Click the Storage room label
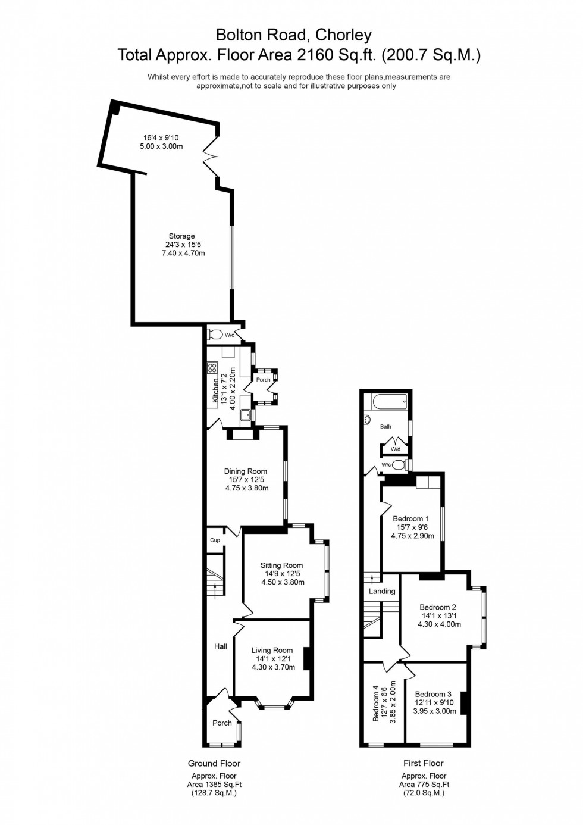coord(181,236)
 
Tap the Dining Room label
coord(245,471)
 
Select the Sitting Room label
coord(281,565)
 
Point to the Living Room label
coord(272,651)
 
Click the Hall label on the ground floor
coord(221,646)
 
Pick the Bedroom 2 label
coord(438,607)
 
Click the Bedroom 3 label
coord(433,694)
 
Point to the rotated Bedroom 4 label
coord(376,703)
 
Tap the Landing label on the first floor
coord(382,591)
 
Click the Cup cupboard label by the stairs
coord(215,540)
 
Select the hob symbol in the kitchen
coord(212,368)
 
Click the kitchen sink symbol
coord(245,415)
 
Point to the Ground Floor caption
coord(214,763)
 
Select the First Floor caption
coord(424,763)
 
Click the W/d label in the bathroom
coord(396,449)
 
